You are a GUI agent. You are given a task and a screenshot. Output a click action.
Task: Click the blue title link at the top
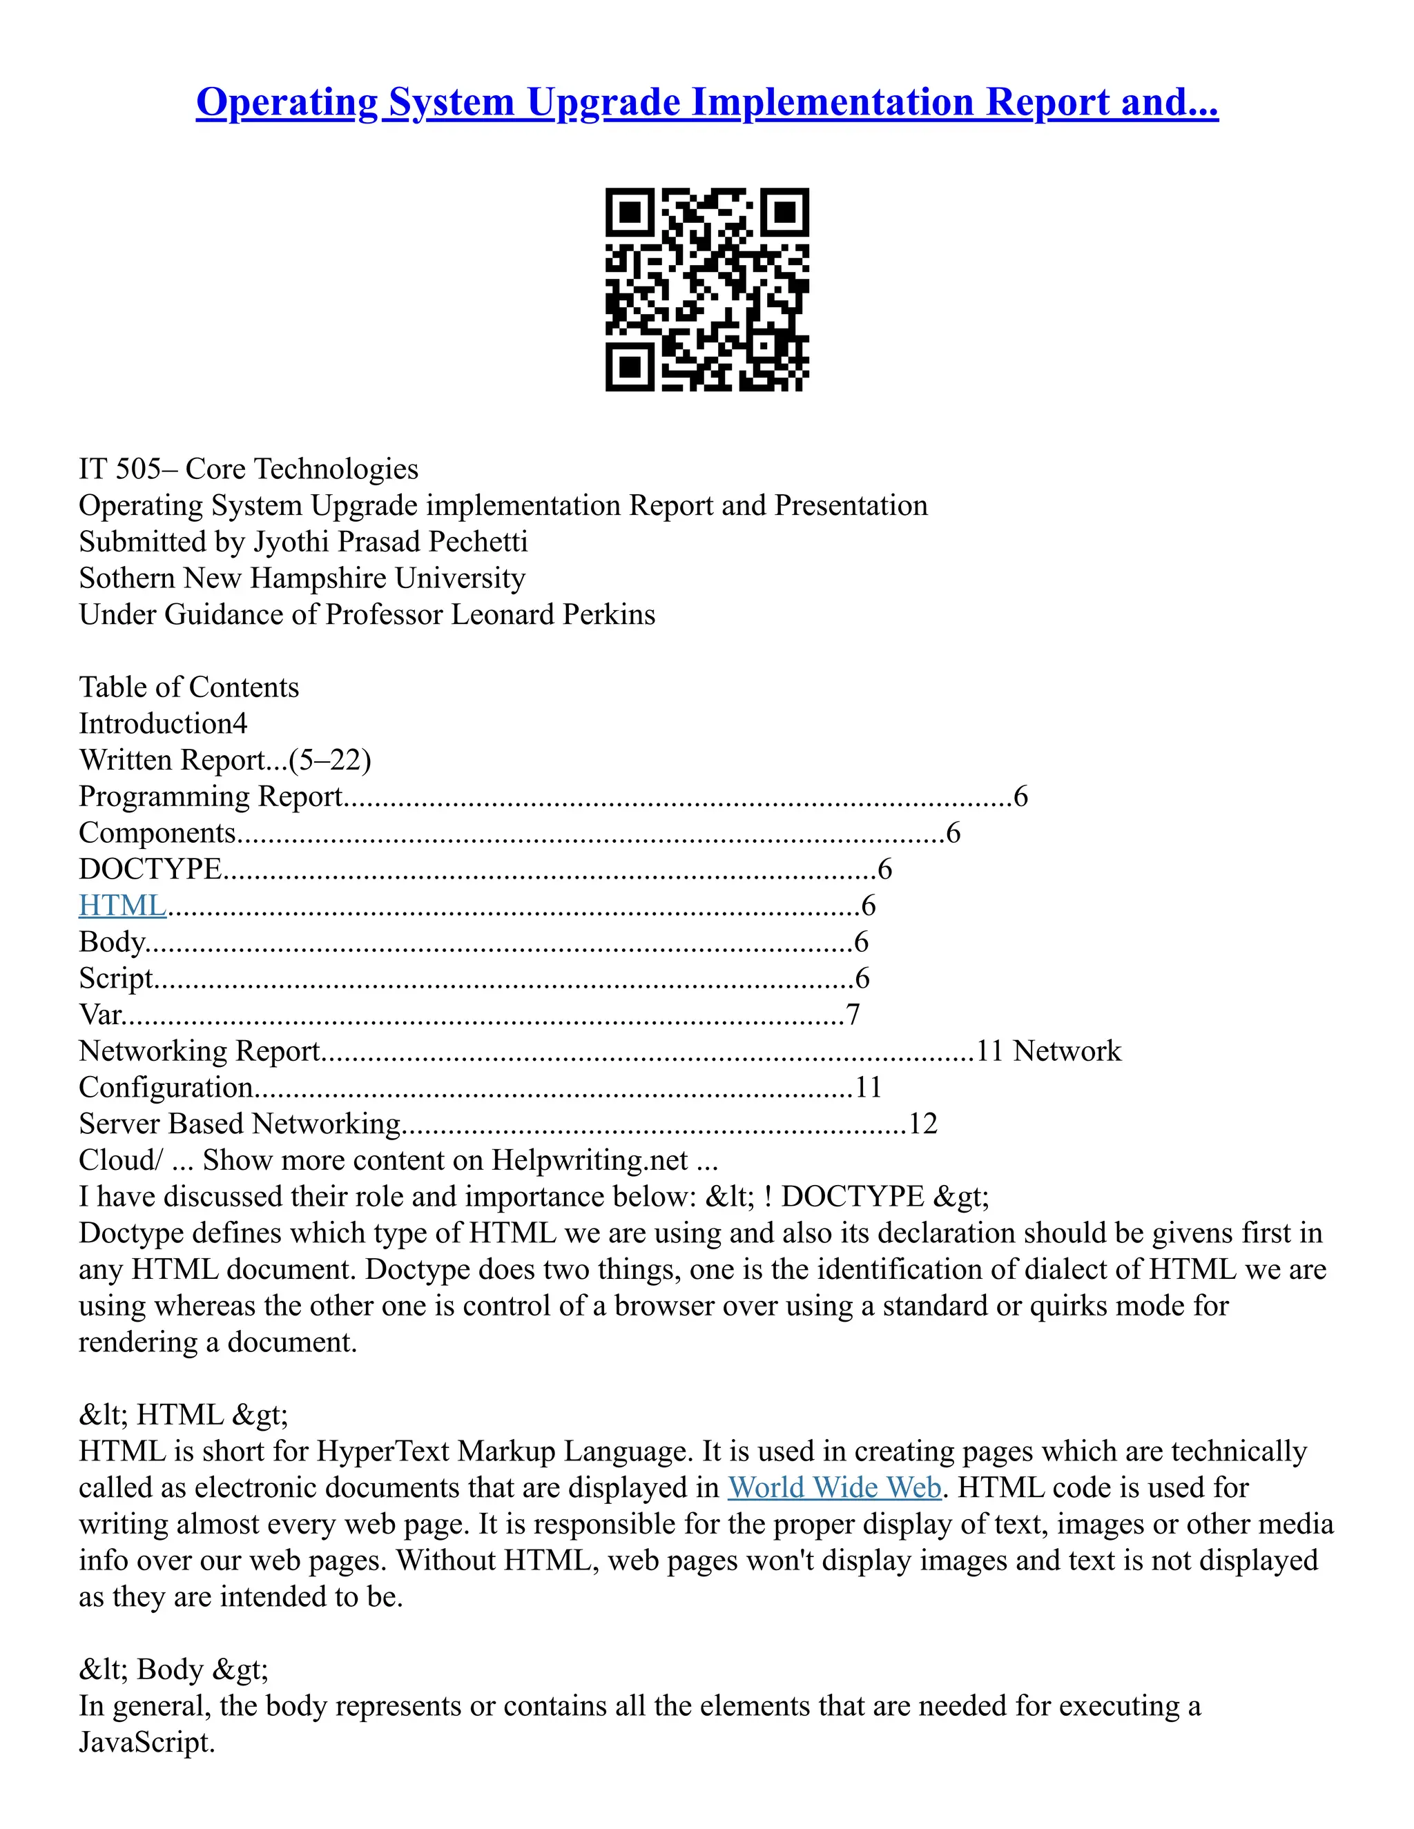706,102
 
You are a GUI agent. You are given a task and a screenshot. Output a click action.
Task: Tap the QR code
707,289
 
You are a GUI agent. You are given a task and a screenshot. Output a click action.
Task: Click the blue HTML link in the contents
122,906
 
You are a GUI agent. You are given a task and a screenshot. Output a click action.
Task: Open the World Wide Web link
834,1487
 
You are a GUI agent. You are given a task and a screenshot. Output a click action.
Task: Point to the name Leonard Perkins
553,615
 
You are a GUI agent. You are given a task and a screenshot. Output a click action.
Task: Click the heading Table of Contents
188,687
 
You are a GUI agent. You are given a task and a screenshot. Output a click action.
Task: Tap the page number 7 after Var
853,1015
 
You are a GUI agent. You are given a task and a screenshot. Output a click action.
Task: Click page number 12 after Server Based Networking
922,1124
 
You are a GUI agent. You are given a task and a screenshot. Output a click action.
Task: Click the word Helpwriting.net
590,1161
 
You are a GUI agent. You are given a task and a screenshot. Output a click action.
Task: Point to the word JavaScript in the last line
146,1742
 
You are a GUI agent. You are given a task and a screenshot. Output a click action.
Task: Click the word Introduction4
162,723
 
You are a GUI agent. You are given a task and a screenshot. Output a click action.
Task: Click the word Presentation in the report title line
850,506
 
